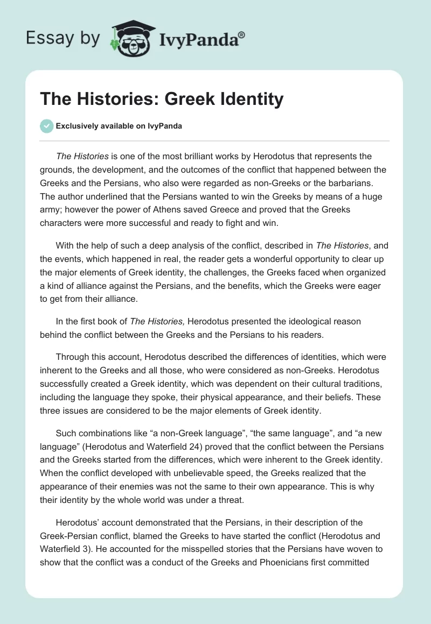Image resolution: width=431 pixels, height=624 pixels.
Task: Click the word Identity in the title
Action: tap(251, 100)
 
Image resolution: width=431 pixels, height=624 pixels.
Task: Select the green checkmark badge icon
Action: tap(46, 126)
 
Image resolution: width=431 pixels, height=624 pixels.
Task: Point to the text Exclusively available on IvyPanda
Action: tap(119, 126)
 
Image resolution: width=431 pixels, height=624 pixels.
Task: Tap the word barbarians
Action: tap(361, 182)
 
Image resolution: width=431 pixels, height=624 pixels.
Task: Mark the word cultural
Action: tap(319, 384)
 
